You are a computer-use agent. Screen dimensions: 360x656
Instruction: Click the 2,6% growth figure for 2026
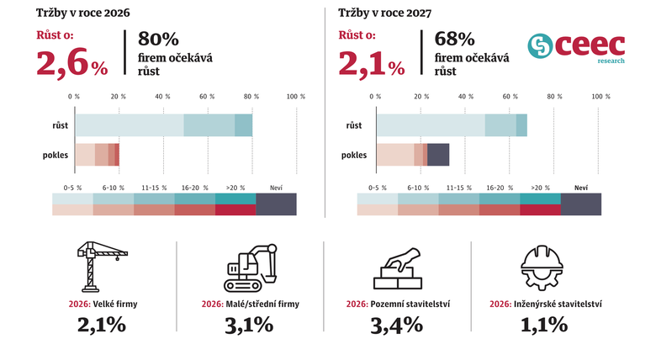tap(71, 62)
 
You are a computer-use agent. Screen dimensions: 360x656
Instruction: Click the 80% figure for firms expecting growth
tap(158, 40)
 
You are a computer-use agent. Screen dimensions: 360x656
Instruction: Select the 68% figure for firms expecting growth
tap(455, 40)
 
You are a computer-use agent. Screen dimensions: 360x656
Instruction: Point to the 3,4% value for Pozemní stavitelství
tap(398, 324)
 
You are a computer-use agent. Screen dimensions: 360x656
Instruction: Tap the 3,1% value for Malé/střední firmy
tap(250, 324)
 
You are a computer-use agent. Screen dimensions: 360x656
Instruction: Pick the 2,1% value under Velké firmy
tap(102, 324)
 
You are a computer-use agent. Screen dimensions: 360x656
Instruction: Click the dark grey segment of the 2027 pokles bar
tap(438, 155)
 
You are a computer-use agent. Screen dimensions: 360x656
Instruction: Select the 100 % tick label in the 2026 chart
tap(296, 97)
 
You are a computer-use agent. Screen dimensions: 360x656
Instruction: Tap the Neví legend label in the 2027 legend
tap(580, 188)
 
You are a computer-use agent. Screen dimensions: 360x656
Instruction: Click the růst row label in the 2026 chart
tap(60, 125)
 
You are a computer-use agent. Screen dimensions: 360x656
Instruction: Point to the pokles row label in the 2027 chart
tap(354, 155)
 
